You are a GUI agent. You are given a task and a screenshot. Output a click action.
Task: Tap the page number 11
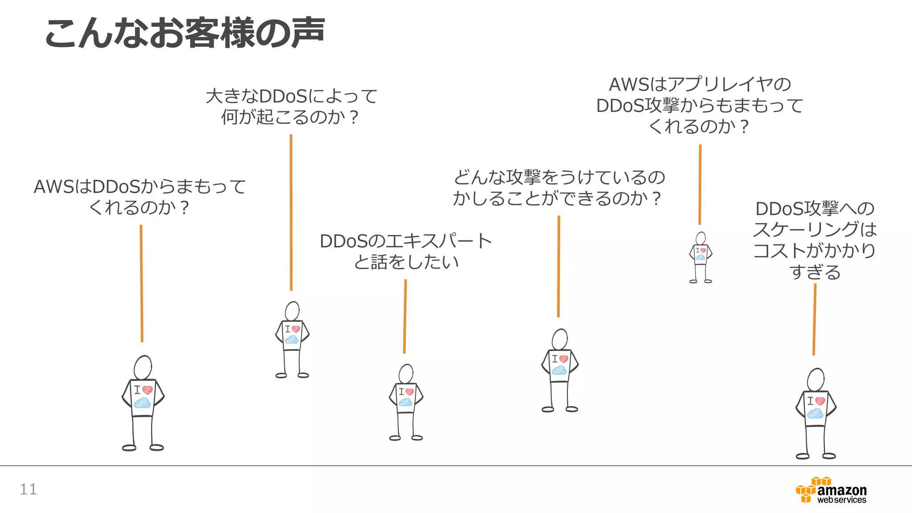click(x=28, y=489)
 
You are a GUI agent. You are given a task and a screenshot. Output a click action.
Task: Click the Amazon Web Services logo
click(x=831, y=490)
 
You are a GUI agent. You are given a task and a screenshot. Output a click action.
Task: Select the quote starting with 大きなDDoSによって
click(x=291, y=107)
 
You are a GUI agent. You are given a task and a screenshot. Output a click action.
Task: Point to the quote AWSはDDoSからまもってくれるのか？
click(x=140, y=197)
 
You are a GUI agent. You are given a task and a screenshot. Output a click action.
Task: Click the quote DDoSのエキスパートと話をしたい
click(x=406, y=252)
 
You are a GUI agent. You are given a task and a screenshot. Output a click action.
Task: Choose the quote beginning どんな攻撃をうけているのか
click(x=558, y=187)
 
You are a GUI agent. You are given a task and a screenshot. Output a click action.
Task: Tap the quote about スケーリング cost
click(x=815, y=240)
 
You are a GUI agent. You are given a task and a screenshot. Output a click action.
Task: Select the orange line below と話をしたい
click(x=405, y=316)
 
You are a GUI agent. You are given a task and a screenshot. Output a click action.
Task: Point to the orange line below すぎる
click(x=814, y=319)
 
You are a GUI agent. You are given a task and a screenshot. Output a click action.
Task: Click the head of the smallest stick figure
click(x=701, y=238)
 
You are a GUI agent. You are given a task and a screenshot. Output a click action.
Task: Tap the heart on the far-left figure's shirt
click(x=147, y=390)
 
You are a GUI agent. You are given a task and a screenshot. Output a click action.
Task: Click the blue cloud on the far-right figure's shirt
click(x=815, y=414)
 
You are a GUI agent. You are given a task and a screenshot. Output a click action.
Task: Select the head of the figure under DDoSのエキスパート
click(x=406, y=373)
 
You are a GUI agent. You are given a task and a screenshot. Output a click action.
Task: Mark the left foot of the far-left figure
click(x=129, y=448)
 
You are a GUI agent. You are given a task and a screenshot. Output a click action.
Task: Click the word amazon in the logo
click(x=842, y=490)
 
